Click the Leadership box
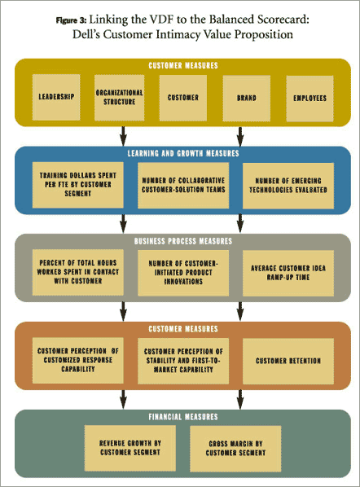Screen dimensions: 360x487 (x=56, y=97)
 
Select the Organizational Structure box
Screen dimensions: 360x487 (x=119, y=98)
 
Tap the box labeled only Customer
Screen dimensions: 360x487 (x=183, y=98)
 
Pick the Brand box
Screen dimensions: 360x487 (x=247, y=99)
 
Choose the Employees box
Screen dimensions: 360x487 (x=310, y=99)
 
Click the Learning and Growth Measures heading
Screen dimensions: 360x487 (x=183, y=153)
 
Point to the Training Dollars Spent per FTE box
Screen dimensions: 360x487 (x=77, y=185)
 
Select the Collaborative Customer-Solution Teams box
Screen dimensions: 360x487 (x=183, y=186)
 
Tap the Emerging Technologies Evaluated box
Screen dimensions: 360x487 (x=288, y=186)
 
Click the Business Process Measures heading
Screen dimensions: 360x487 (x=183, y=241)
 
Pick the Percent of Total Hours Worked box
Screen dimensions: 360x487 (x=77, y=272)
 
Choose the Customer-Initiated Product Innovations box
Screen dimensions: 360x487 (x=183, y=273)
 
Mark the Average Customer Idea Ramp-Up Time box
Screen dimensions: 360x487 (x=288, y=274)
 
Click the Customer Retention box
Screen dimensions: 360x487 (x=288, y=362)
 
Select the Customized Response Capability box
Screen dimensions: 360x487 (x=77, y=360)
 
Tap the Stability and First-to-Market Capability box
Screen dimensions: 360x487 (x=183, y=361)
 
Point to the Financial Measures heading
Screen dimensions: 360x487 (x=183, y=417)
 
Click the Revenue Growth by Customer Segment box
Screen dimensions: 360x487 (x=130, y=448)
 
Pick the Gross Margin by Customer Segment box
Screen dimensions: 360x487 (x=235, y=449)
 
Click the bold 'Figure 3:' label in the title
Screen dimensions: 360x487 (x=71, y=20)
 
